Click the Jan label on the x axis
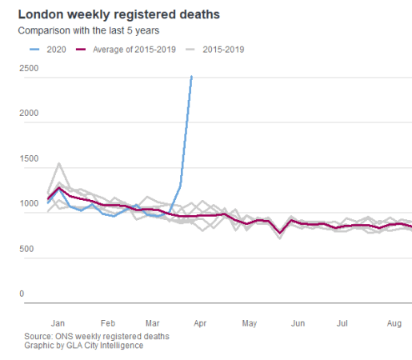[58, 323]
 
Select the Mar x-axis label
[153, 323]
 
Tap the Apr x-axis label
[201, 323]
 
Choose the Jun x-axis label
[298, 323]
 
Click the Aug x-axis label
[393, 323]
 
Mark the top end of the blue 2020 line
[191, 77]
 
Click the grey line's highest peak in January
[58, 163]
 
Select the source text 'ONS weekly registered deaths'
[97, 336]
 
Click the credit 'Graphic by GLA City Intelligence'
[84, 346]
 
